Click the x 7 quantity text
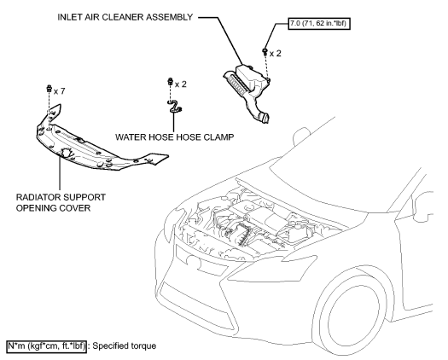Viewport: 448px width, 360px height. point(59,90)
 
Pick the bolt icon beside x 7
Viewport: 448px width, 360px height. point(48,90)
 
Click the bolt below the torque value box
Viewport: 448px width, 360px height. point(267,53)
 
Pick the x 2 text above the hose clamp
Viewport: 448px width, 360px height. point(180,84)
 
